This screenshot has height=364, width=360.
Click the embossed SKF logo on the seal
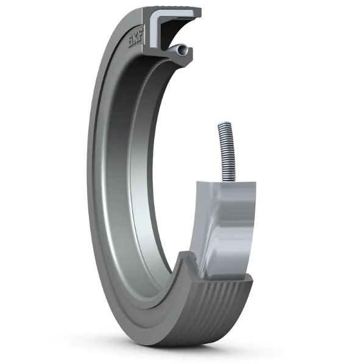(132, 41)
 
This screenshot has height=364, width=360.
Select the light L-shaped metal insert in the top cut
(164, 21)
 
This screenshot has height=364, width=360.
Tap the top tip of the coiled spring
(222, 124)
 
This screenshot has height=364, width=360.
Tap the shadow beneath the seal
(183, 350)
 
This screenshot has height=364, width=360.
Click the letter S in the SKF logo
(129, 44)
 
